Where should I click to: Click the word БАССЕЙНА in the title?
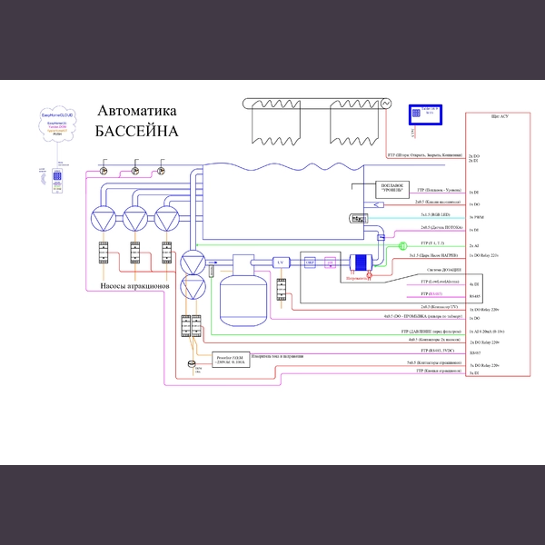point(136,131)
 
